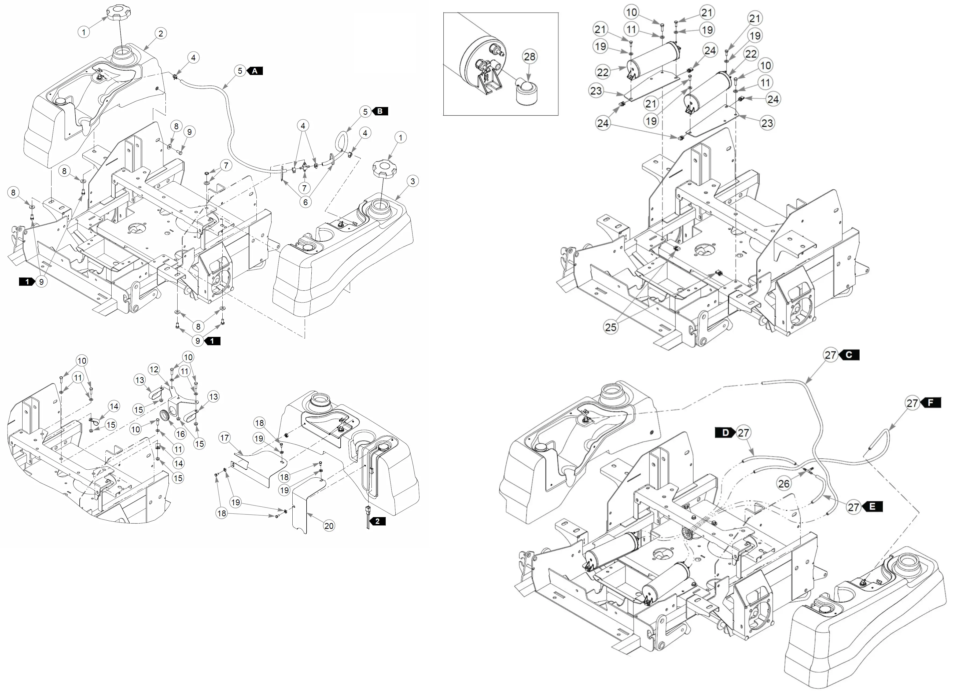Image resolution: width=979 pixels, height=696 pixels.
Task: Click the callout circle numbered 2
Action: pos(160,34)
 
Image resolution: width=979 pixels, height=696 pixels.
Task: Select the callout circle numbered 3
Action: pos(412,181)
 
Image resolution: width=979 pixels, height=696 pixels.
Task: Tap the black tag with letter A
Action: pos(255,71)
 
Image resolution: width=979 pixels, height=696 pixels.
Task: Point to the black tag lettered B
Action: pos(380,111)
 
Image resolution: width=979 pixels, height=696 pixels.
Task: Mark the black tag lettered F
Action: pos(930,403)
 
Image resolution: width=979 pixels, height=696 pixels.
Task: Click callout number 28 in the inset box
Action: pos(530,57)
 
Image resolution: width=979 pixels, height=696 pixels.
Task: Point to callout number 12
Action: pos(154,369)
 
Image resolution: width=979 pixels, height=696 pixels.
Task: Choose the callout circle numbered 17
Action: pos(224,437)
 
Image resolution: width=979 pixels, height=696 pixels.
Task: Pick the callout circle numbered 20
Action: pos(329,526)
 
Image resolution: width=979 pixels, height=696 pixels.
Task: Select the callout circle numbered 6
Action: pos(305,202)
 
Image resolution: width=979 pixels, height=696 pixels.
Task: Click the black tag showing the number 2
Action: pos(377,522)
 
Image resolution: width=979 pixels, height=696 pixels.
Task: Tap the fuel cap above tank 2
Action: pos(121,12)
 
